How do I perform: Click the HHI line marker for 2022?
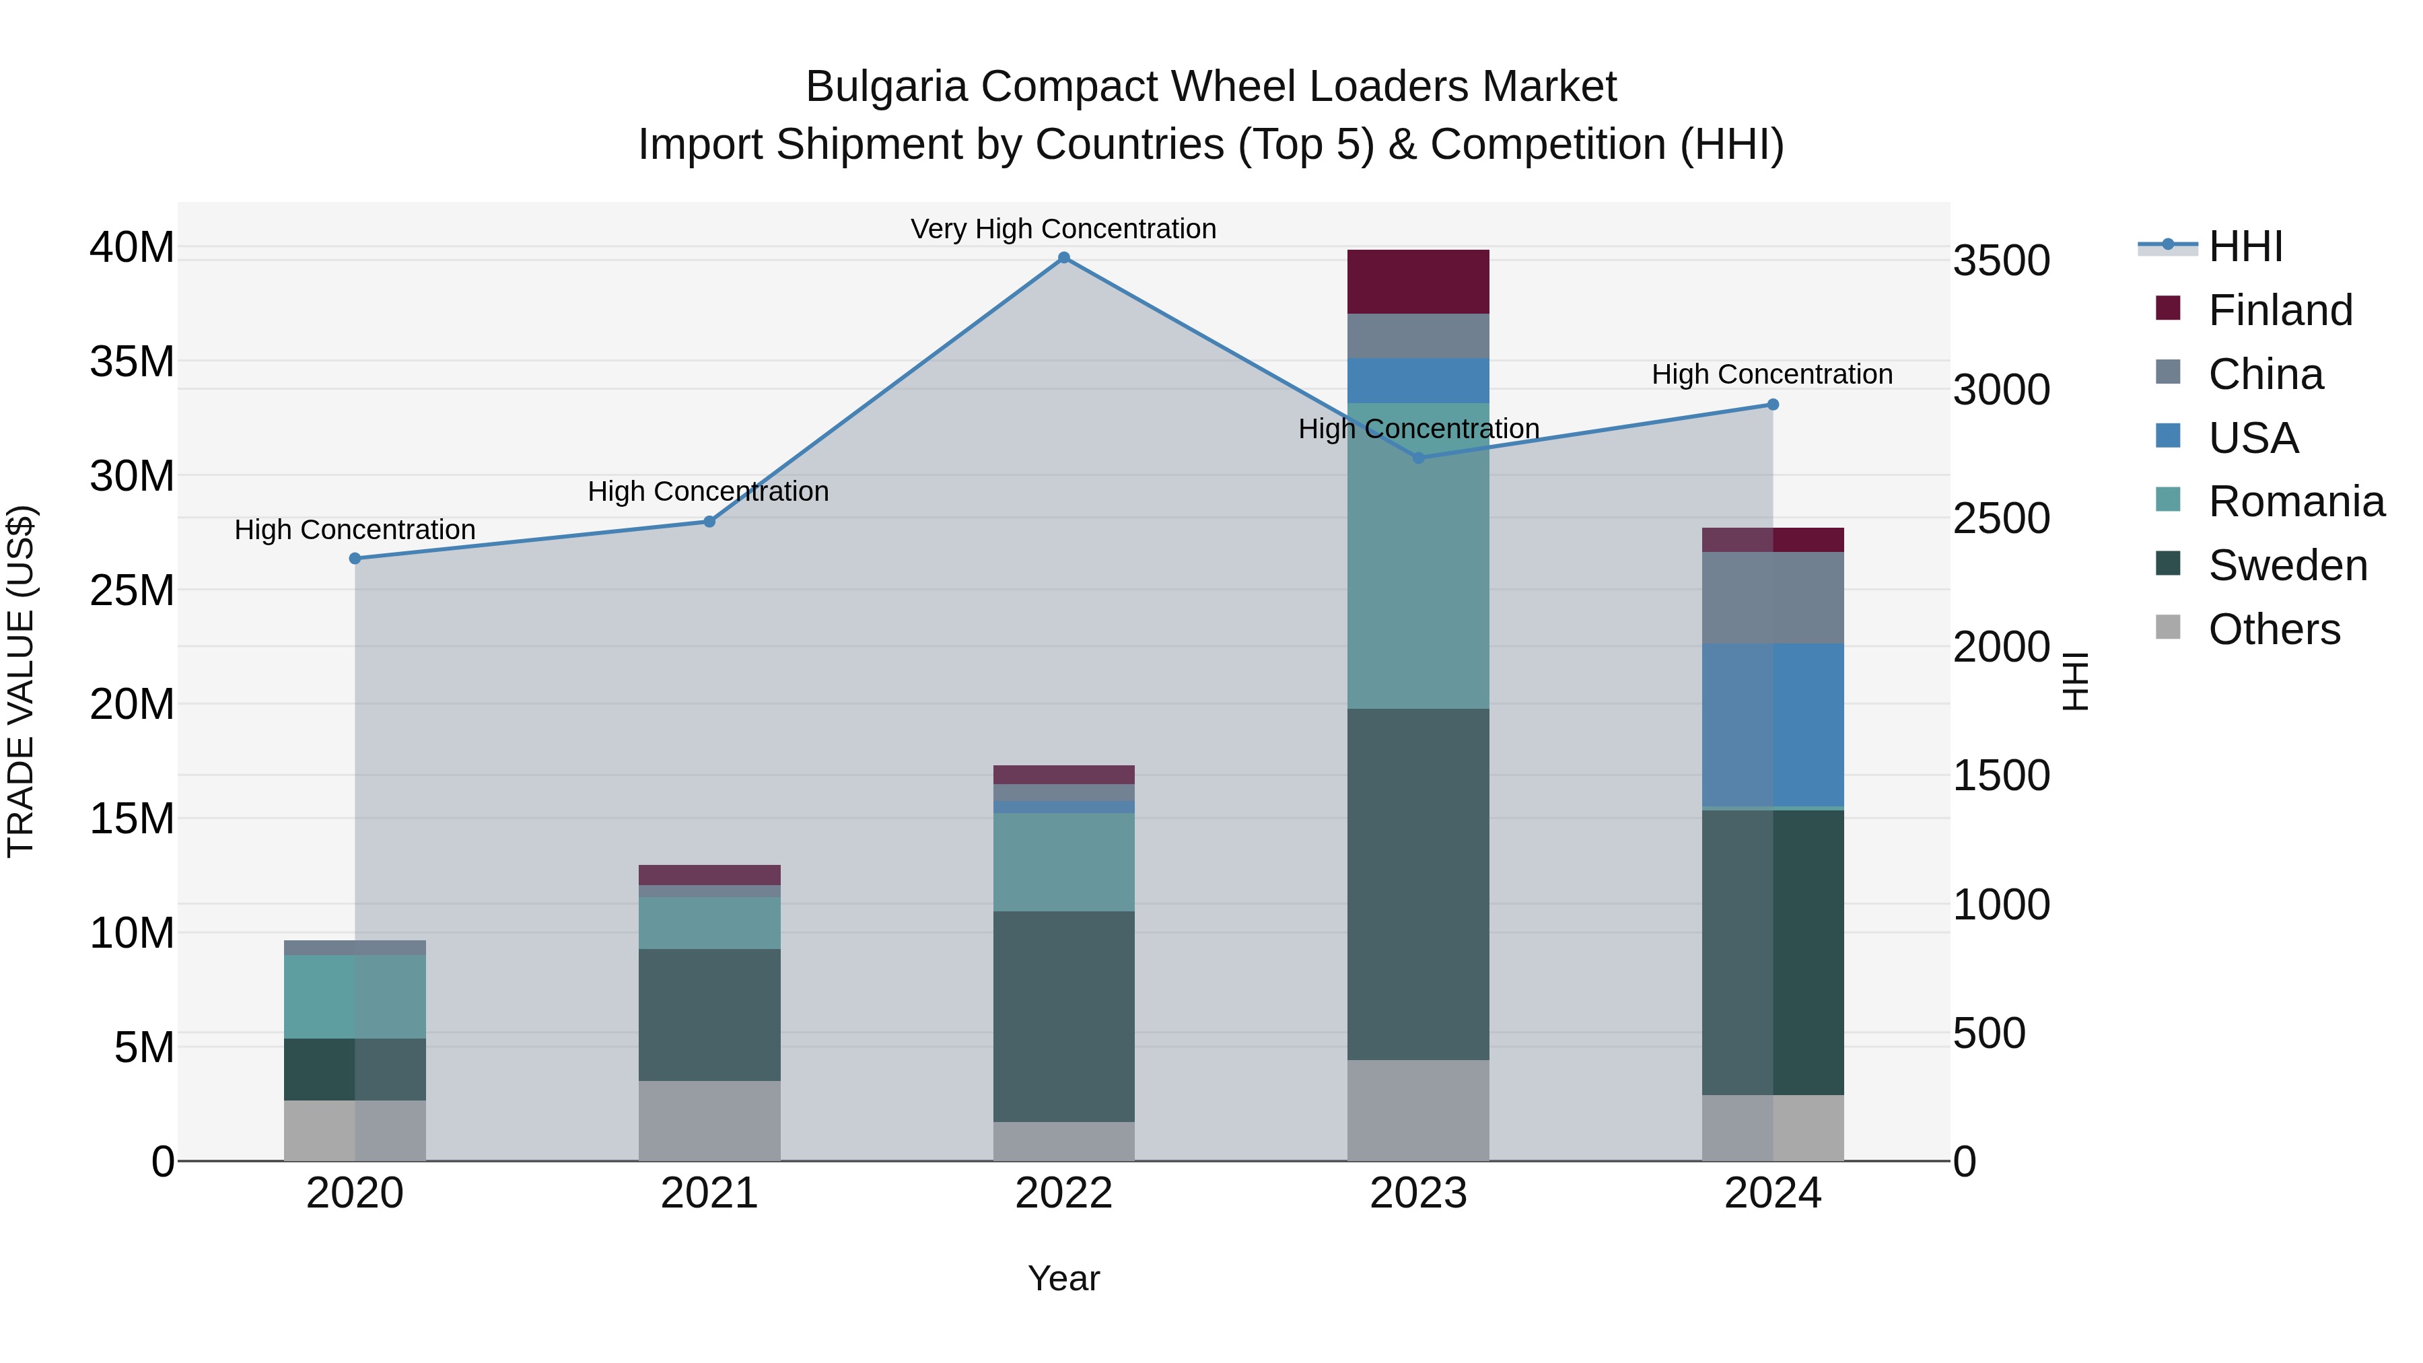point(1064,258)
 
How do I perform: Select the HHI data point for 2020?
point(355,559)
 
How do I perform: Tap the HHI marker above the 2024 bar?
point(1773,405)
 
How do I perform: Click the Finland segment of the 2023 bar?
point(1417,282)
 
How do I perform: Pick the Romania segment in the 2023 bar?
point(1417,555)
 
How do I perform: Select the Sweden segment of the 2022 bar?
point(1064,1016)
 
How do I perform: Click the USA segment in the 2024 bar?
point(1773,724)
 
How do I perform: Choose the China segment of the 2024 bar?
point(1773,598)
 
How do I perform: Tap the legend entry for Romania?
point(2295,501)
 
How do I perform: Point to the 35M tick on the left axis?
point(132,362)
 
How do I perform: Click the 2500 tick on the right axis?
point(2001,518)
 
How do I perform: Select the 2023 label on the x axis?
point(1417,1193)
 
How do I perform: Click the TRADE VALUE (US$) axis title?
point(21,681)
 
